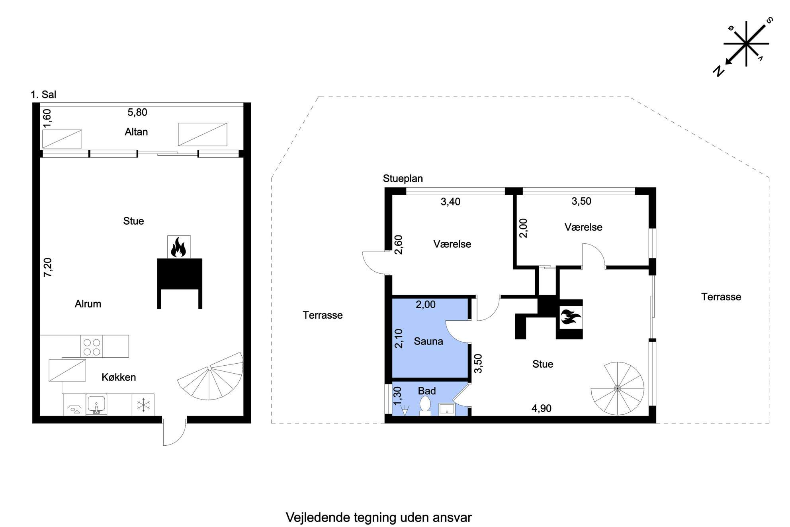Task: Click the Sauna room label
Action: [x=428, y=341]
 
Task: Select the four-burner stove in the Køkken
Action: [x=92, y=347]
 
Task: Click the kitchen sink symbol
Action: [x=96, y=405]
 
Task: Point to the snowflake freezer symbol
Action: [x=143, y=405]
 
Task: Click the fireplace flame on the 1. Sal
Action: [x=178, y=247]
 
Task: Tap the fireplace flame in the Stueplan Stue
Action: [x=571, y=317]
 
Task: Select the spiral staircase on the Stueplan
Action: [x=617, y=388]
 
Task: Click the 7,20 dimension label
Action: [x=48, y=267]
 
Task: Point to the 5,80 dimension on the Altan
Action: [x=137, y=112]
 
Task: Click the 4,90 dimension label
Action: [x=542, y=408]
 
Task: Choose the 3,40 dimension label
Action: [x=450, y=202]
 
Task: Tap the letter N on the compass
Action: [x=718, y=71]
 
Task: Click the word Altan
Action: [x=136, y=132]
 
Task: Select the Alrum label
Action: [x=88, y=304]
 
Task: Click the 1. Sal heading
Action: [x=43, y=94]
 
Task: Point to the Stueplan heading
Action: [x=403, y=178]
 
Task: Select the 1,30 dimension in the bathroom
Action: [x=398, y=396]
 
